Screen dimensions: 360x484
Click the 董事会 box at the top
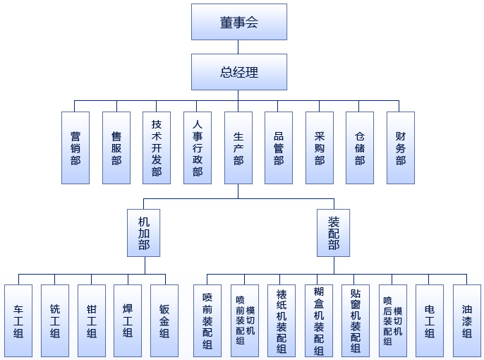point(238,22)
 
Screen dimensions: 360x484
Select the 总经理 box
point(238,72)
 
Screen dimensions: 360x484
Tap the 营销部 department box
point(75,148)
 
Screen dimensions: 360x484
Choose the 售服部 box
point(116,148)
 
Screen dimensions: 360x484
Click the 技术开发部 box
point(157,148)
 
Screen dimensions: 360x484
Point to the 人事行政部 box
point(198,148)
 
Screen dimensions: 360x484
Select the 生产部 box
point(238,148)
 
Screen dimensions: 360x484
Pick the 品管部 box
point(279,148)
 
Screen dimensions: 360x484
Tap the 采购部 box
point(320,148)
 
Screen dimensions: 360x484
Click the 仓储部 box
point(360,148)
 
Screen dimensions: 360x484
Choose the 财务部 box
point(401,148)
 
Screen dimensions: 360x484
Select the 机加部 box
point(144,232)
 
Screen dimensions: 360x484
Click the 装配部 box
point(334,232)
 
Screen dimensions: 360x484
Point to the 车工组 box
point(18,320)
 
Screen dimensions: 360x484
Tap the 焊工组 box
point(128,320)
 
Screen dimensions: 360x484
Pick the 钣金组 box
point(164,320)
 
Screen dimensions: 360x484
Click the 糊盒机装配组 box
point(318,320)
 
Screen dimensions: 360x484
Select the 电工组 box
point(430,320)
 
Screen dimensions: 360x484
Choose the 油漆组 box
point(467,320)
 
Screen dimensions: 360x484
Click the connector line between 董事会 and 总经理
point(238,47)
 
